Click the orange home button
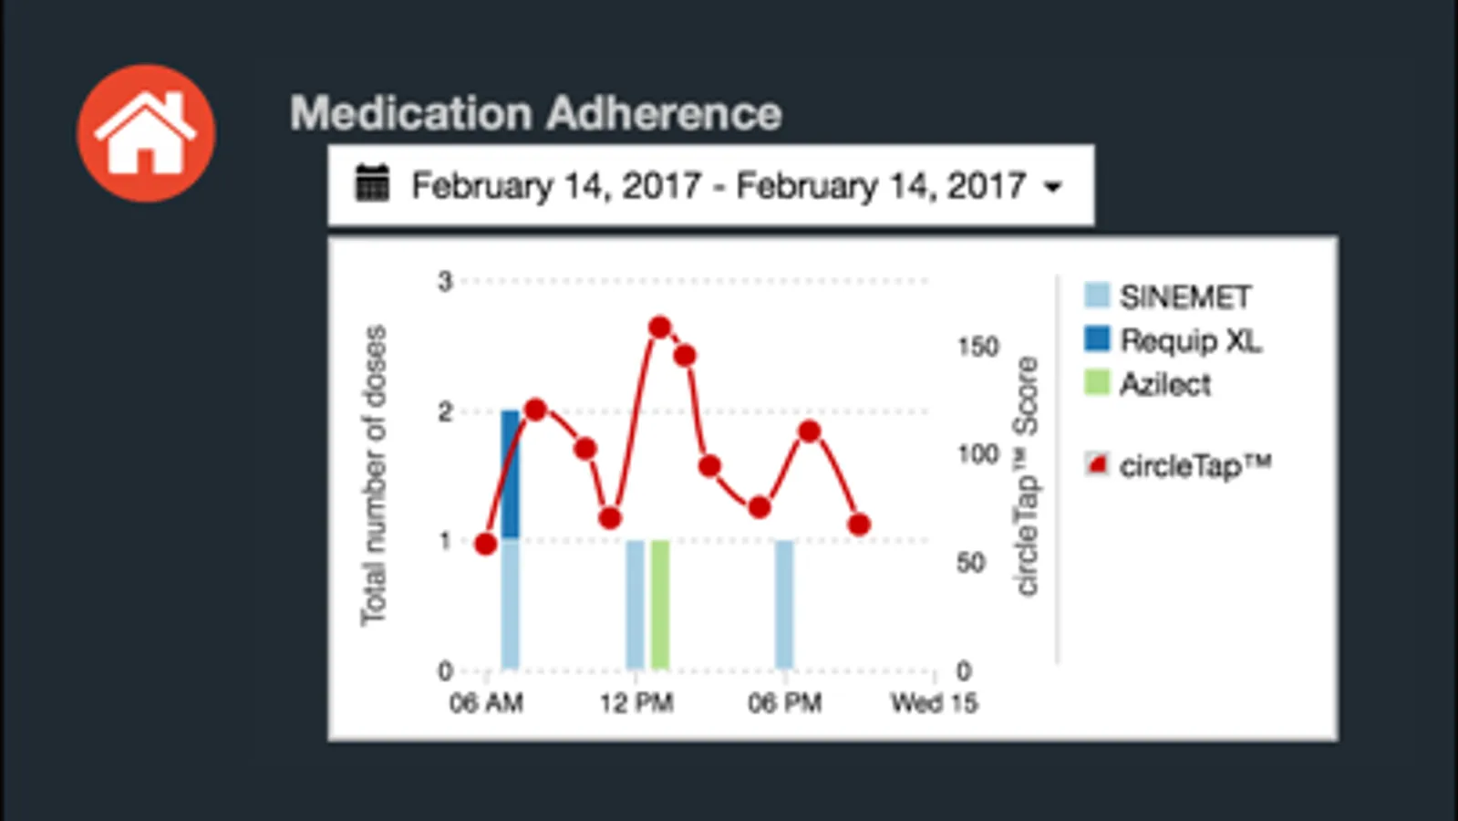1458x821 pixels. click(146, 133)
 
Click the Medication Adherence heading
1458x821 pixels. click(536, 113)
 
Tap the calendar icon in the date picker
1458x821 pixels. click(372, 183)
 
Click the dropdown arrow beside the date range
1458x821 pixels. click(1053, 187)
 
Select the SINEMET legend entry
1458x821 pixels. click(1184, 296)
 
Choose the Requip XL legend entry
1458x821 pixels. click(1190, 340)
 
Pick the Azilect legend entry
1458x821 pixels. click(1164, 384)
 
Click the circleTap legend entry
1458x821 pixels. click(1194, 465)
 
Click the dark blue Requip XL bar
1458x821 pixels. click(511, 474)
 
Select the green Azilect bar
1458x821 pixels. click(660, 604)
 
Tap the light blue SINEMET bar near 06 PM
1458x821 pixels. click(784, 604)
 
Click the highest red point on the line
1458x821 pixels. click(660, 327)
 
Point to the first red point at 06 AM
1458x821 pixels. click(486, 545)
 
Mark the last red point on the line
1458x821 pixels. click(859, 525)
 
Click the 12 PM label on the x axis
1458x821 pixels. click(636, 702)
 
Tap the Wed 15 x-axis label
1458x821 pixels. click(934, 702)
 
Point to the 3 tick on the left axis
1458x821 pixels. click(445, 281)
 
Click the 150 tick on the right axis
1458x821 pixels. click(977, 347)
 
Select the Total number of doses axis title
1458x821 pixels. click(374, 475)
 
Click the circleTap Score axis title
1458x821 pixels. click(1027, 475)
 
